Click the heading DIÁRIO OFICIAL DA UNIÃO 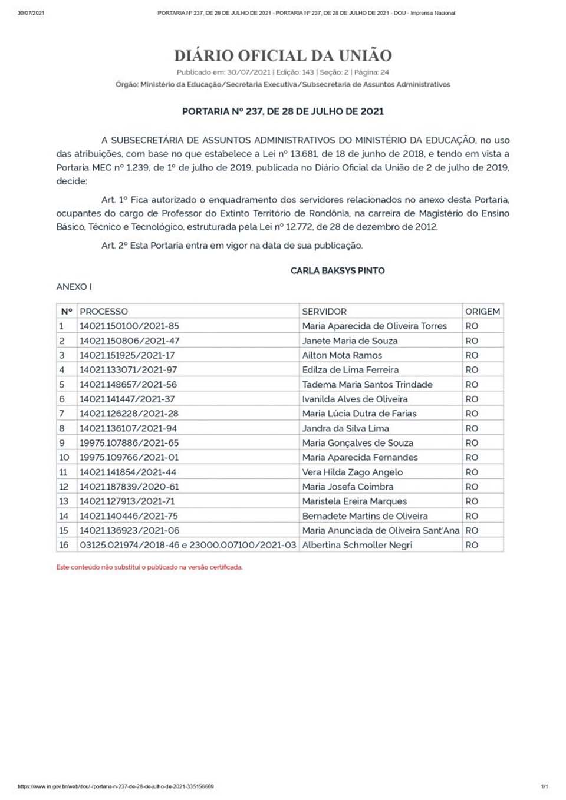pyautogui.click(x=283, y=56)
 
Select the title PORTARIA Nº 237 pyautogui.click(x=282, y=111)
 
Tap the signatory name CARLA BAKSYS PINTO pyautogui.click(x=337, y=270)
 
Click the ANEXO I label pyautogui.click(x=74, y=287)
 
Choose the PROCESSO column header pyautogui.click(x=104, y=312)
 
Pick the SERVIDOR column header pyautogui.click(x=324, y=312)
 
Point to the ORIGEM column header pyautogui.click(x=482, y=312)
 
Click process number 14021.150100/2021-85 pyautogui.click(x=129, y=326)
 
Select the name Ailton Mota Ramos pyautogui.click(x=342, y=355)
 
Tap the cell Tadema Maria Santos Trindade pyautogui.click(x=367, y=384)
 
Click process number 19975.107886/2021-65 pyautogui.click(x=129, y=443)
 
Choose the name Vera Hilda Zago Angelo pyautogui.click(x=353, y=472)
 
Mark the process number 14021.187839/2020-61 pyautogui.click(x=129, y=487)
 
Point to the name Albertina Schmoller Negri pyautogui.click(x=357, y=545)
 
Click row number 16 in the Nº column pyautogui.click(x=64, y=545)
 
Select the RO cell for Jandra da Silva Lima pyautogui.click(x=472, y=428)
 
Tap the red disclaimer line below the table pyautogui.click(x=149, y=567)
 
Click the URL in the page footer pyautogui.click(x=116, y=786)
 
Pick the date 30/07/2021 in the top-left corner pyautogui.click(x=31, y=13)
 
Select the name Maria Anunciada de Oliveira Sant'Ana pyautogui.click(x=381, y=530)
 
